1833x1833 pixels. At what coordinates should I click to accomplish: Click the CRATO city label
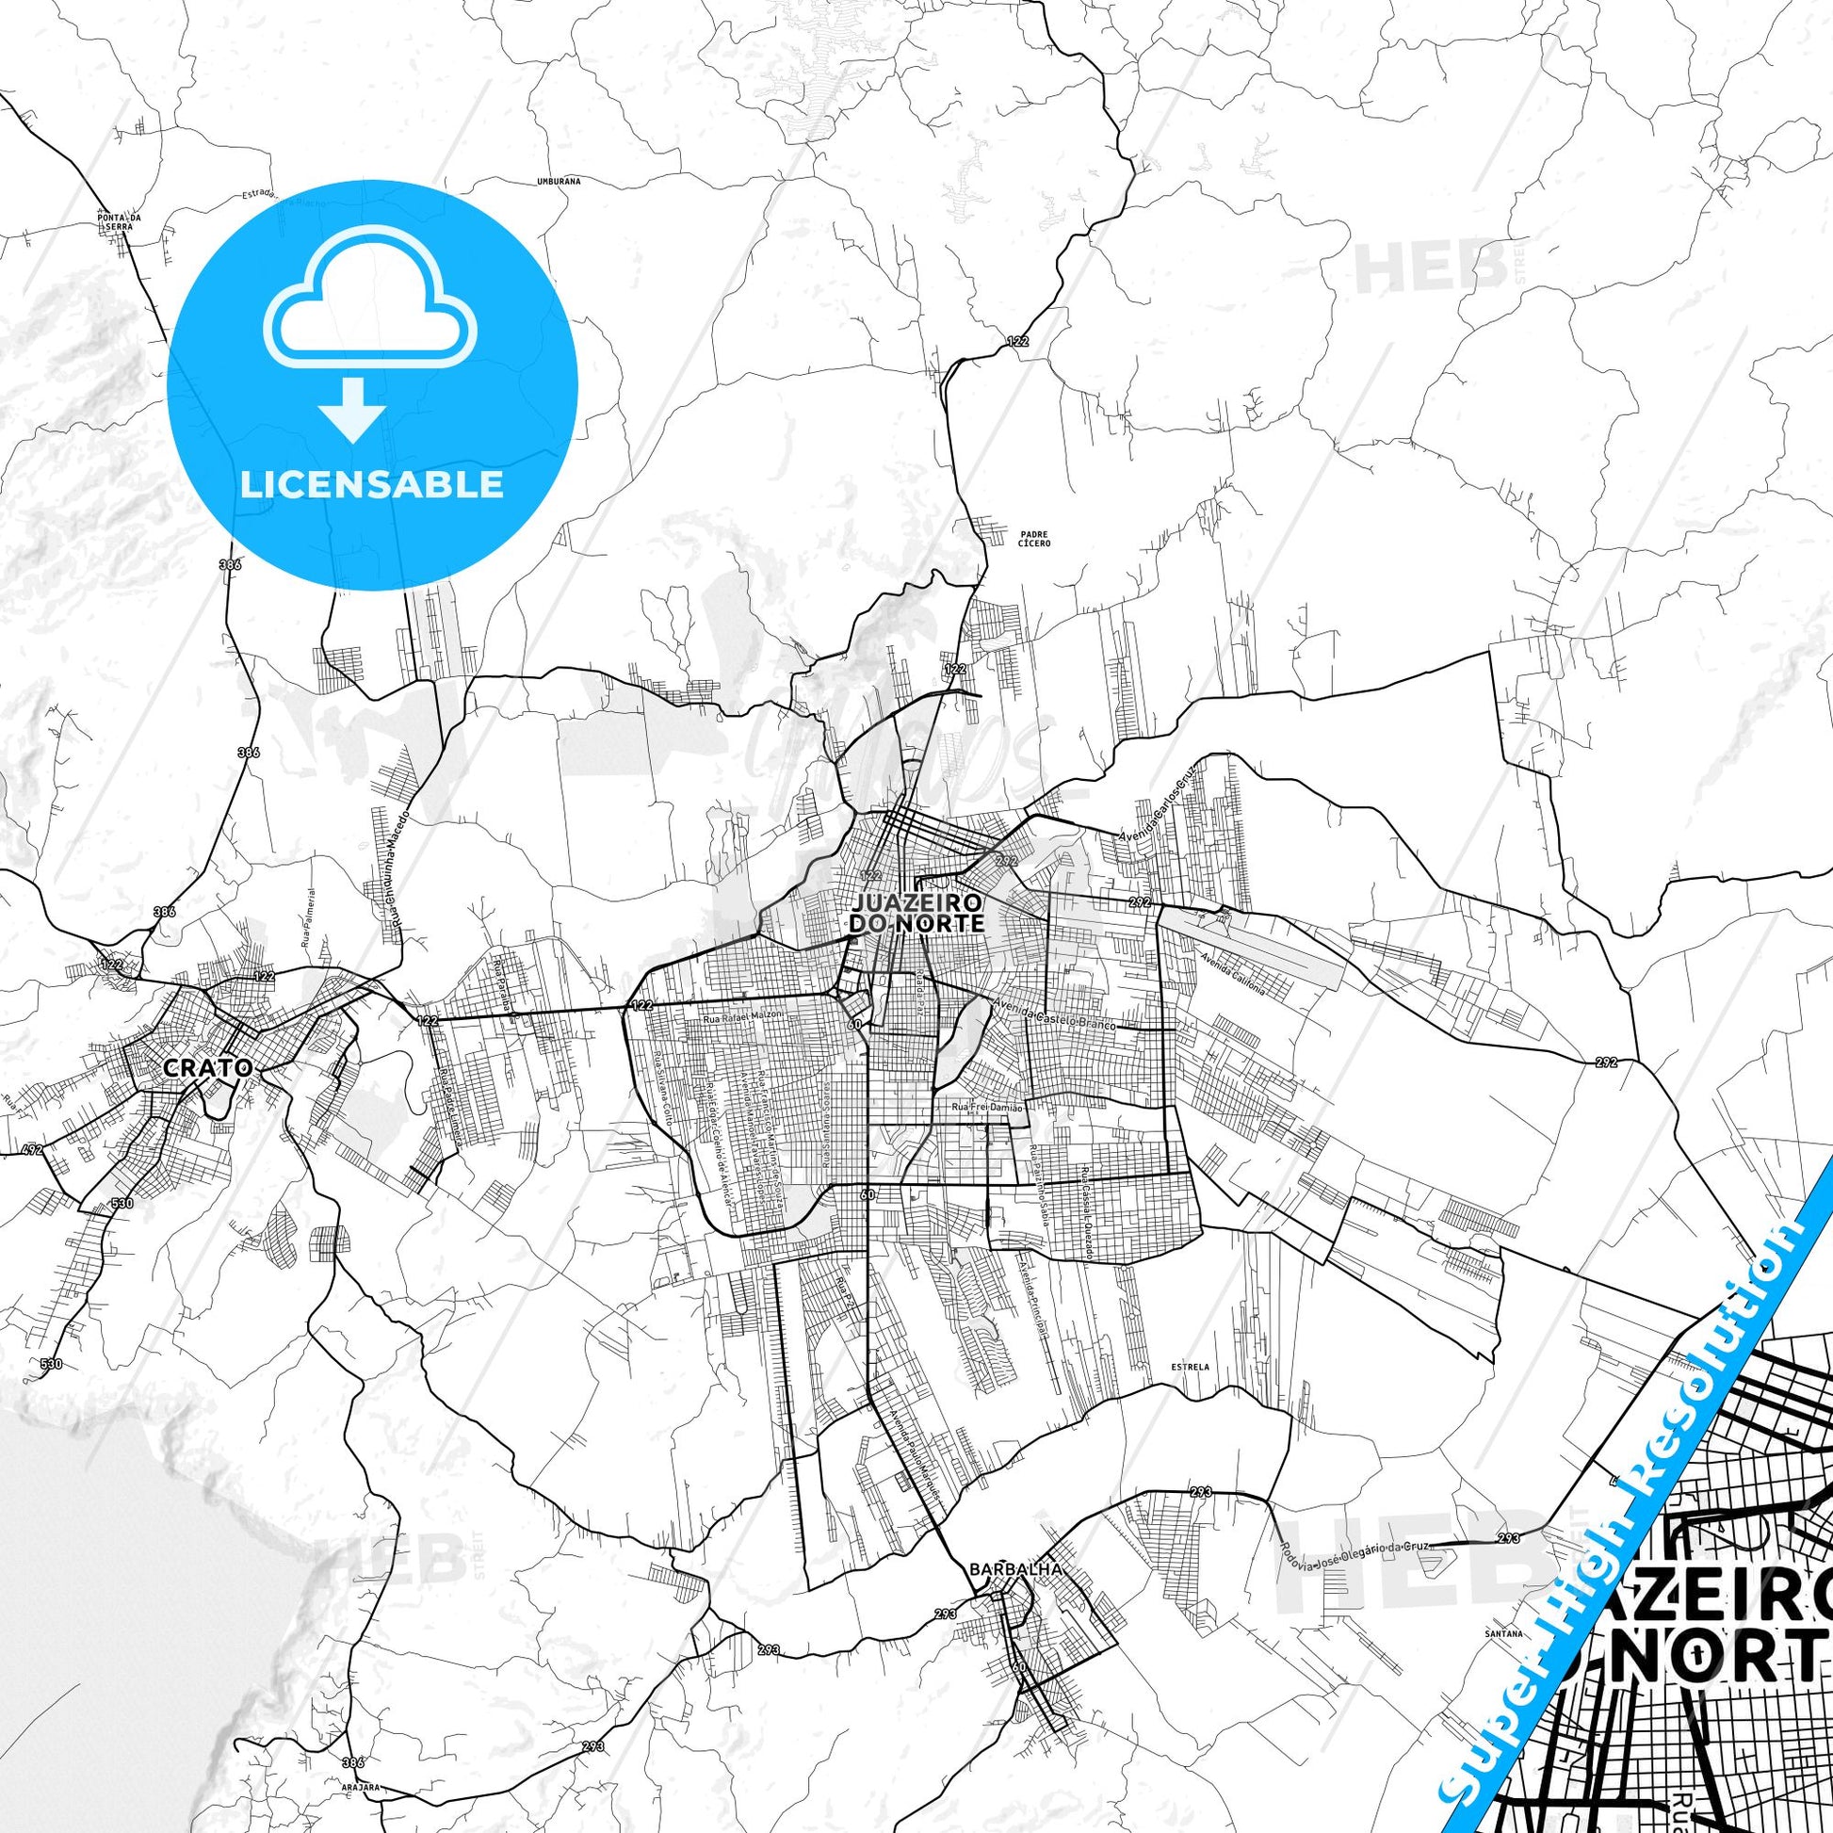click(208, 1067)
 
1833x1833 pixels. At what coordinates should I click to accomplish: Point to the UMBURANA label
click(558, 179)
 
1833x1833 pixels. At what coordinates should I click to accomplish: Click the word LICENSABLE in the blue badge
click(371, 484)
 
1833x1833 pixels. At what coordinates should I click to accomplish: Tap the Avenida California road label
click(1232, 972)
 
